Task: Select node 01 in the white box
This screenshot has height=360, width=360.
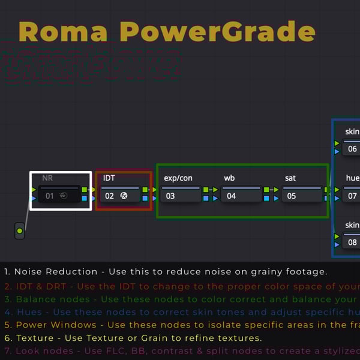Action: click(x=59, y=196)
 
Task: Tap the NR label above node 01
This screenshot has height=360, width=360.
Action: click(x=47, y=178)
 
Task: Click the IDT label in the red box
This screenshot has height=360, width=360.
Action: click(x=109, y=178)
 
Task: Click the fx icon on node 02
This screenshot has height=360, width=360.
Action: click(x=124, y=196)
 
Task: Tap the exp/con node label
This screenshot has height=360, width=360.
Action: click(x=178, y=178)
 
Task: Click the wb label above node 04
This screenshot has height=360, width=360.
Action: click(x=230, y=178)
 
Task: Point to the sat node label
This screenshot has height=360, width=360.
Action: click(x=290, y=178)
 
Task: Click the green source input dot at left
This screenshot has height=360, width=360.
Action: click(x=20, y=231)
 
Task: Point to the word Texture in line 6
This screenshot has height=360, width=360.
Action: click(x=35, y=338)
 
